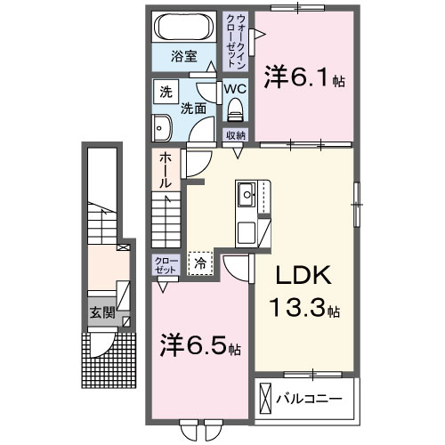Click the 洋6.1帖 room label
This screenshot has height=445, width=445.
click(304, 78)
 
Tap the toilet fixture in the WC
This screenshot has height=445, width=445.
click(235, 109)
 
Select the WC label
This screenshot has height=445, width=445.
click(234, 89)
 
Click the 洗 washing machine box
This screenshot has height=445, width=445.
click(166, 91)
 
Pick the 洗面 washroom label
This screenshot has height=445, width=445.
click(194, 109)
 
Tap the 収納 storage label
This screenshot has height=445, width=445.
click(235, 134)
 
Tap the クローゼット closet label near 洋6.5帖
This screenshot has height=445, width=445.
click(166, 264)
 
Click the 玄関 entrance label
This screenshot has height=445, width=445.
click(101, 312)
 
